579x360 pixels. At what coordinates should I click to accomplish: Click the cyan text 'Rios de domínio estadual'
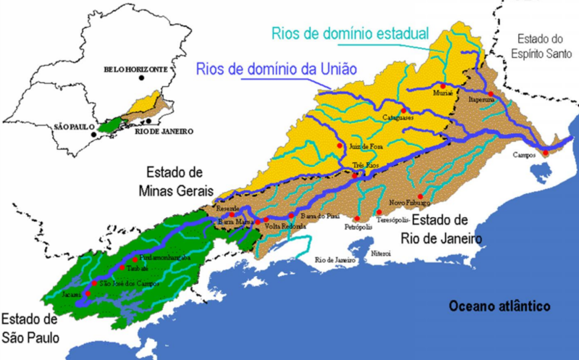point(350,33)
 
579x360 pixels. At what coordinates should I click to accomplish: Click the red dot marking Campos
point(546,153)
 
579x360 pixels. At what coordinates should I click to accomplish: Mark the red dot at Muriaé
point(443,85)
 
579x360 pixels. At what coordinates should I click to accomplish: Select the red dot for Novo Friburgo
point(420,196)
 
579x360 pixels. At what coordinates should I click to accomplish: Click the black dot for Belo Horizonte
point(143,78)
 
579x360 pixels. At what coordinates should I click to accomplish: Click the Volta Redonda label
point(287,226)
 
